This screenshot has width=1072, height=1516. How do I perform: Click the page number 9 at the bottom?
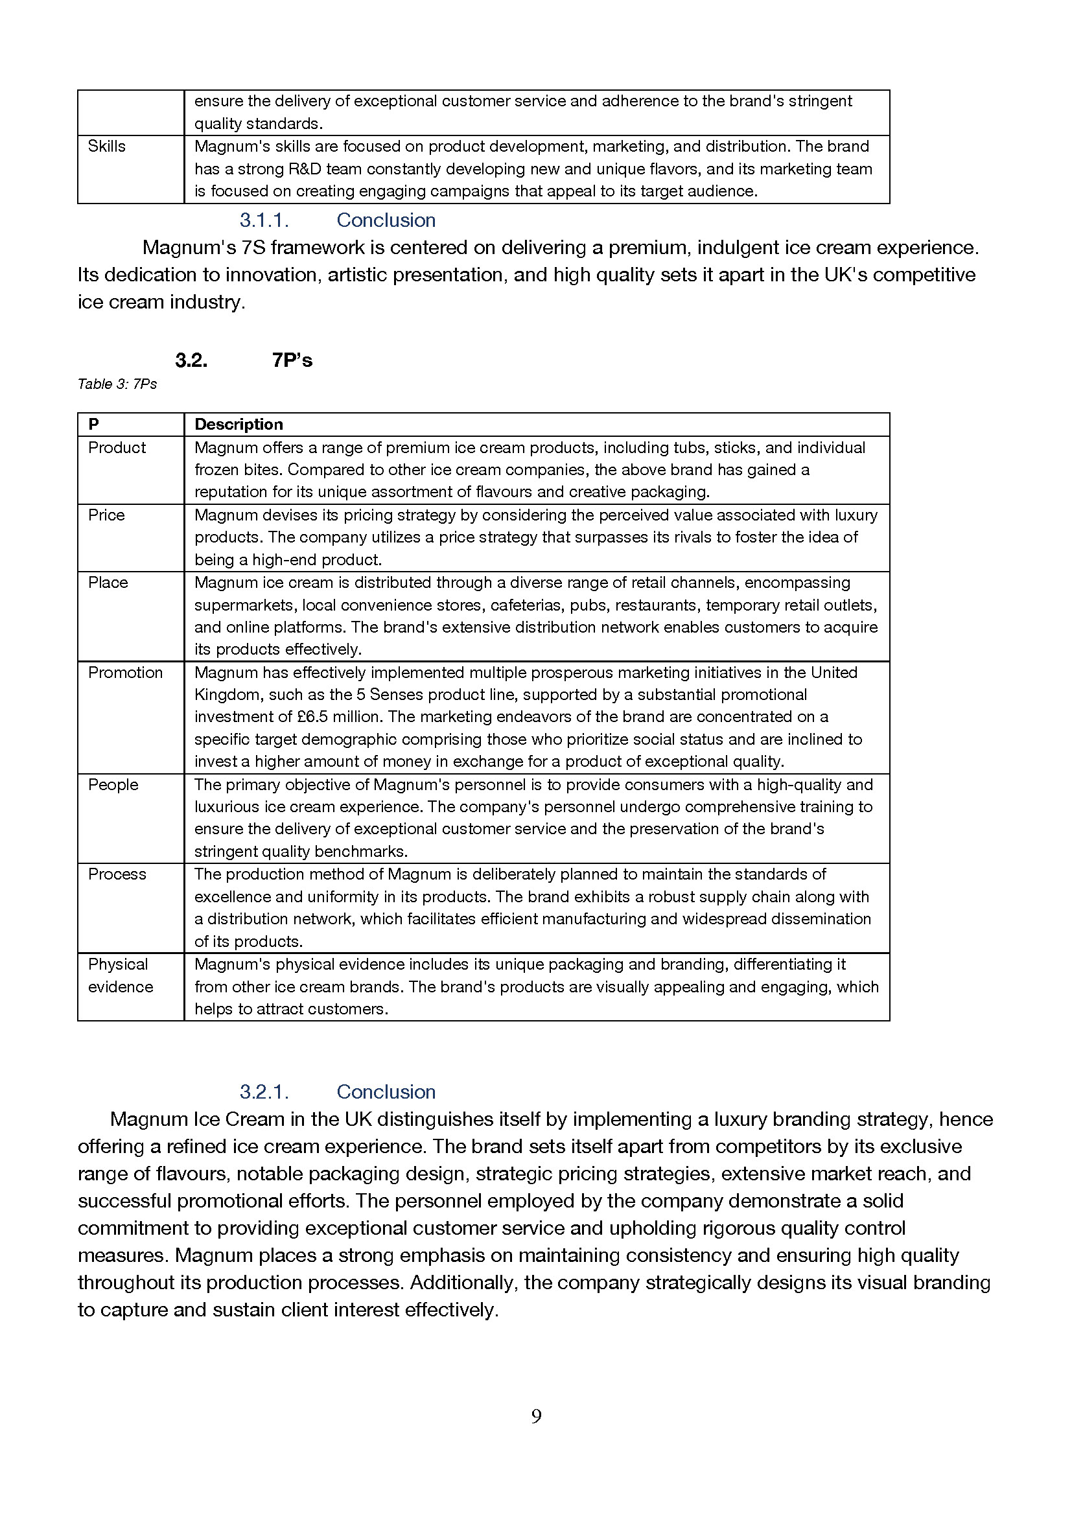(x=536, y=1416)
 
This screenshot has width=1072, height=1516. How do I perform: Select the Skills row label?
(x=106, y=146)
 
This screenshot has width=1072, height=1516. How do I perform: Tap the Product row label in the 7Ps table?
(x=117, y=448)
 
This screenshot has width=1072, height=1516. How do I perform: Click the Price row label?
(x=106, y=515)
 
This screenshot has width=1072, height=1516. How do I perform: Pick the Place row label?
(x=108, y=583)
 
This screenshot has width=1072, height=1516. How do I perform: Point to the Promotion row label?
(x=126, y=672)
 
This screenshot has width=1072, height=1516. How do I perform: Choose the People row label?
(x=113, y=784)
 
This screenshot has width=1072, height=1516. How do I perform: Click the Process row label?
(x=117, y=874)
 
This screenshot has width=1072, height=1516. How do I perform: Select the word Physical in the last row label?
(x=118, y=964)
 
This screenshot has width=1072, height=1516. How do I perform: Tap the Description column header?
(x=239, y=425)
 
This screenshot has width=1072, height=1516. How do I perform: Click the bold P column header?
(x=94, y=425)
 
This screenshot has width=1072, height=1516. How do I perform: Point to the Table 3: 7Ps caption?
(x=117, y=384)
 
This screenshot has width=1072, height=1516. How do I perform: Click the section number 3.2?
(x=191, y=360)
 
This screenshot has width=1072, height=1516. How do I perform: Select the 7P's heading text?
(x=292, y=360)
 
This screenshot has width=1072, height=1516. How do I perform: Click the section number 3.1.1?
(x=264, y=220)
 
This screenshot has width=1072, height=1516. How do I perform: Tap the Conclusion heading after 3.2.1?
(x=386, y=1092)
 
